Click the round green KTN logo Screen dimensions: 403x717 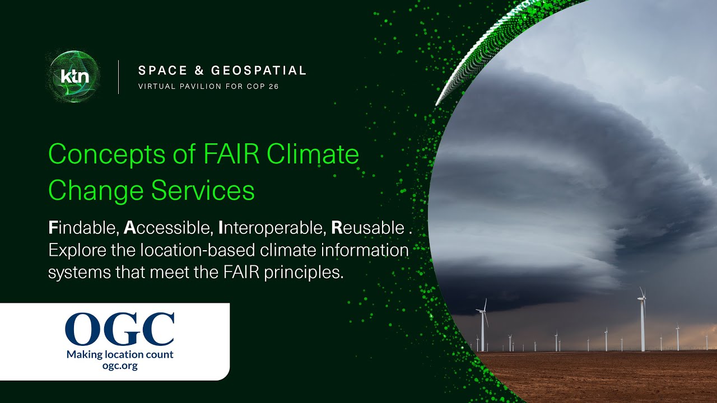(75, 77)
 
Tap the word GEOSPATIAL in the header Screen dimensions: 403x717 (259, 71)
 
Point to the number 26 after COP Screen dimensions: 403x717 (273, 87)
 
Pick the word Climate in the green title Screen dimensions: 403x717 (313, 154)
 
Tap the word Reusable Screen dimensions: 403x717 (367, 228)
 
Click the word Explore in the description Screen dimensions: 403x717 (75, 250)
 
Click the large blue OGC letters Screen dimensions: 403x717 (120, 330)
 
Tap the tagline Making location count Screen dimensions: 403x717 (120, 354)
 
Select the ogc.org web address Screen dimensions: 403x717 (120, 366)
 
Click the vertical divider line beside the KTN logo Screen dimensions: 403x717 (118, 77)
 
